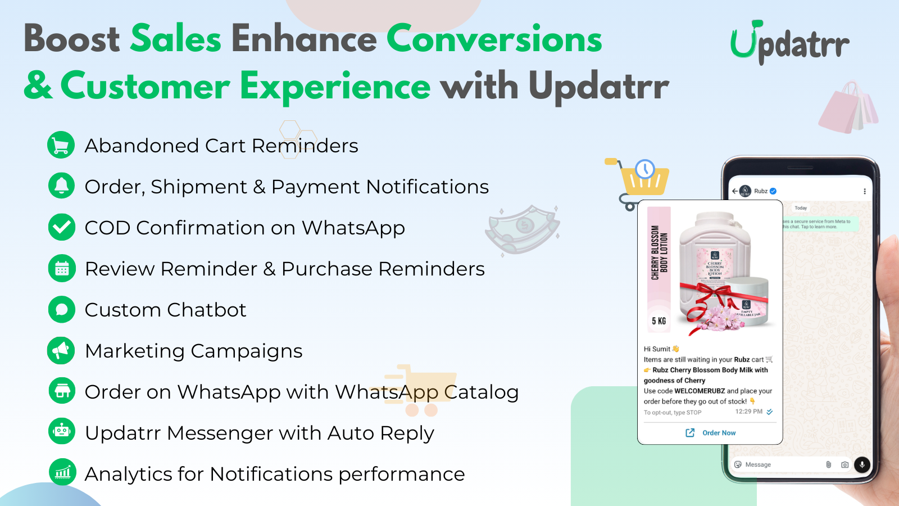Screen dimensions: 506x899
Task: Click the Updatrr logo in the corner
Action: click(789, 43)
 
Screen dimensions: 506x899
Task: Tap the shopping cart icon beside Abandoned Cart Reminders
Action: click(61, 145)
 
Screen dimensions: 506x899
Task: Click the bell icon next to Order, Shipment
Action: click(61, 186)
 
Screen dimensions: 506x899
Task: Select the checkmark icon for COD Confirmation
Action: click(61, 227)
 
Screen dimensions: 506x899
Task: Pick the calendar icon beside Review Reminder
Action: click(61, 268)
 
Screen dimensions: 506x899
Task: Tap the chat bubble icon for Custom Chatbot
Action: click(61, 309)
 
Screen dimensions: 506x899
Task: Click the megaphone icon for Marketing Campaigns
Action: click(61, 350)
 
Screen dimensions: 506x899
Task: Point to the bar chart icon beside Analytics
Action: click(62, 472)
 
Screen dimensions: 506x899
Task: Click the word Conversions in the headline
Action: click(494, 39)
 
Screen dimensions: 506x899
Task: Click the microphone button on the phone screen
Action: click(862, 464)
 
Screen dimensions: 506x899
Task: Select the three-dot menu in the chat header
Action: click(864, 191)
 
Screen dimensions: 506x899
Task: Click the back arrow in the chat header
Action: click(735, 191)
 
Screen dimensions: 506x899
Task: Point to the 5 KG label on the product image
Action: click(659, 321)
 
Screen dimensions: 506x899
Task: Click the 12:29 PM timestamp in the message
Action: click(748, 412)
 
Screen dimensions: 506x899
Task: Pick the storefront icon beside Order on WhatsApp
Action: click(61, 391)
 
